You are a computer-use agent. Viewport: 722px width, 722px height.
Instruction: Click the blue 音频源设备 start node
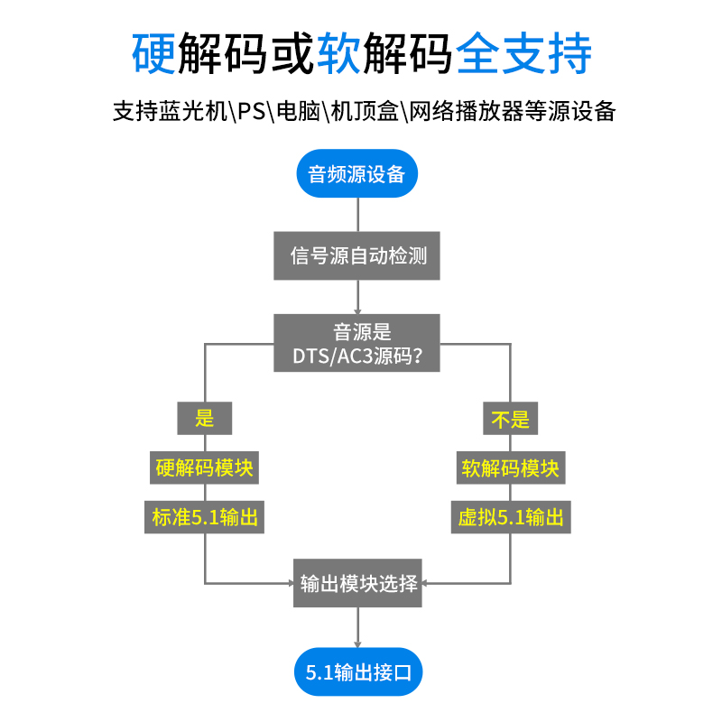click(357, 173)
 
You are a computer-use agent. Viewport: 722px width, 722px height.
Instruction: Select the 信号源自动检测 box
click(357, 255)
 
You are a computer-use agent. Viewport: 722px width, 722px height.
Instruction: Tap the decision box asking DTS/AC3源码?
click(357, 343)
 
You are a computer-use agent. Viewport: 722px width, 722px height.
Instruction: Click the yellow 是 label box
click(205, 418)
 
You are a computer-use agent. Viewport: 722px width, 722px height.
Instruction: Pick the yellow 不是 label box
click(510, 418)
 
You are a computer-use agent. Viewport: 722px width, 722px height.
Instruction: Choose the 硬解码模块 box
click(204, 467)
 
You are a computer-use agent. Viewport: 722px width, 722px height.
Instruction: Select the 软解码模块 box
click(510, 467)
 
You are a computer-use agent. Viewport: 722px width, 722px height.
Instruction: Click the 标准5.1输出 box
click(204, 517)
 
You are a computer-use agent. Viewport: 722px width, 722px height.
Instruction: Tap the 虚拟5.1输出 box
click(511, 517)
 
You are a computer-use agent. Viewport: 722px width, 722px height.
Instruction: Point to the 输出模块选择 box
click(358, 583)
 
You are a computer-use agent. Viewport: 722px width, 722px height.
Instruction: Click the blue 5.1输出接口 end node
click(357, 672)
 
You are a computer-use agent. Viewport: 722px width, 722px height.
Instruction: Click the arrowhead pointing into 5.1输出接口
click(357, 643)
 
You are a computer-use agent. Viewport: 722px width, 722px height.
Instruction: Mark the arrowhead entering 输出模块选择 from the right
click(427, 583)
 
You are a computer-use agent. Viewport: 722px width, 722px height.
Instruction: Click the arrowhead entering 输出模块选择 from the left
click(290, 583)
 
